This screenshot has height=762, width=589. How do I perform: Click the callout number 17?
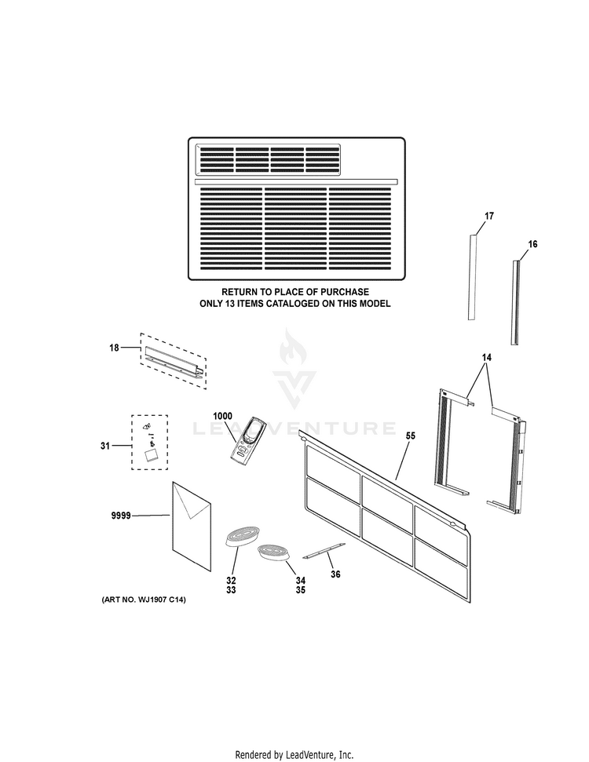(x=488, y=216)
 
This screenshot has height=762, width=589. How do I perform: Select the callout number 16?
(x=532, y=245)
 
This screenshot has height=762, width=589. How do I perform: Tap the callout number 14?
(x=487, y=358)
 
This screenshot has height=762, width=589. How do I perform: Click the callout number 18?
(x=114, y=347)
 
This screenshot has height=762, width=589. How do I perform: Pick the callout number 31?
(x=105, y=446)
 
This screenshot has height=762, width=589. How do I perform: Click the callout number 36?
(x=335, y=574)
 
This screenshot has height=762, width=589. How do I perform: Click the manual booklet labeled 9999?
(x=191, y=526)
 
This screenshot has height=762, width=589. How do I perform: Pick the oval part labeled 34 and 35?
(x=273, y=552)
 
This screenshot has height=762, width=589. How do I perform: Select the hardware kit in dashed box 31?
(x=149, y=443)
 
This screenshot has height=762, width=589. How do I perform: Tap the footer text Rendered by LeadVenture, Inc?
(x=294, y=754)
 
